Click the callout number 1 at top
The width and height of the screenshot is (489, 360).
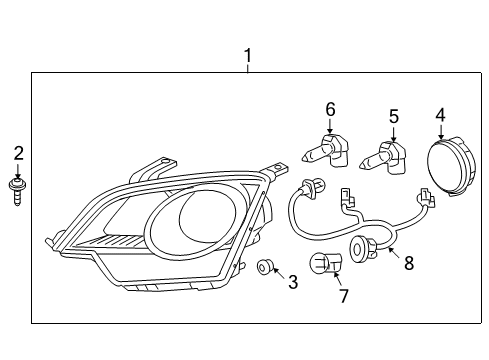click(x=248, y=56)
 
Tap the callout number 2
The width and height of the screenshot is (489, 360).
click(x=18, y=153)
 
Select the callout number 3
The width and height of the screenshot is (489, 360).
click(x=293, y=283)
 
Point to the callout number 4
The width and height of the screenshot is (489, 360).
click(x=440, y=116)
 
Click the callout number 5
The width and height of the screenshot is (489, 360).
click(x=393, y=116)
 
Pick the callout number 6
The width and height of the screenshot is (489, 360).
click(x=329, y=108)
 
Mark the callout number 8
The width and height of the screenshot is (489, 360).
click(x=406, y=264)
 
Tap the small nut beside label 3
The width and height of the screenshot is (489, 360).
click(x=265, y=267)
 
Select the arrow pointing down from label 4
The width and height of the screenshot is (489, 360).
click(x=440, y=132)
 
